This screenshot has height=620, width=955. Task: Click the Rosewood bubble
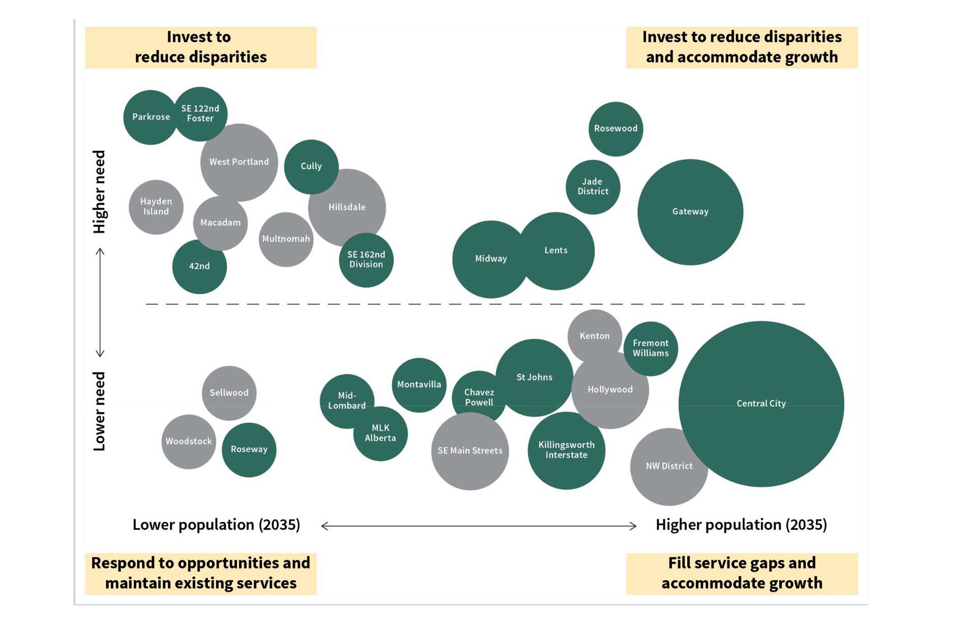[615, 129]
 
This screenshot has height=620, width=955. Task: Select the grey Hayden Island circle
[155, 207]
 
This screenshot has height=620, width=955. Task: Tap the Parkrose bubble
[150, 117]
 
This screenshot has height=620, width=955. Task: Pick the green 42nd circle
[199, 266]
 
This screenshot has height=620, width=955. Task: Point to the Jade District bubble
[592, 187]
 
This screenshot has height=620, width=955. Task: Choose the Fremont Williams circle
[651, 348]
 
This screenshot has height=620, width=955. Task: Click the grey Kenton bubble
[594, 335]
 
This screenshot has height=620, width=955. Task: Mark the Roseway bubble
[249, 450]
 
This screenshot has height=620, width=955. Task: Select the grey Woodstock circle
[188, 442]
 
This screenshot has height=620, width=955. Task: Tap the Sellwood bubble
[229, 393]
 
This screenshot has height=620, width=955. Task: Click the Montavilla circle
[419, 384]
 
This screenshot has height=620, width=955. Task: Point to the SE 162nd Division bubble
[366, 260]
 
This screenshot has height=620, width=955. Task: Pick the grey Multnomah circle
[286, 239]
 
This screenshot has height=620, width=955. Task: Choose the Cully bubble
[311, 166]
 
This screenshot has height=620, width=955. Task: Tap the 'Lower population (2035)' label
[216, 525]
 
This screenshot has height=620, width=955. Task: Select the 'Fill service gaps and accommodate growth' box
[741, 573]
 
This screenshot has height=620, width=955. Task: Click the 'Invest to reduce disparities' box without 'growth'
[201, 47]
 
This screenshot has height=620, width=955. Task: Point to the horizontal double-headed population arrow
[479, 526]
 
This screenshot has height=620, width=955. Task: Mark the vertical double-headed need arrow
[100, 302]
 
